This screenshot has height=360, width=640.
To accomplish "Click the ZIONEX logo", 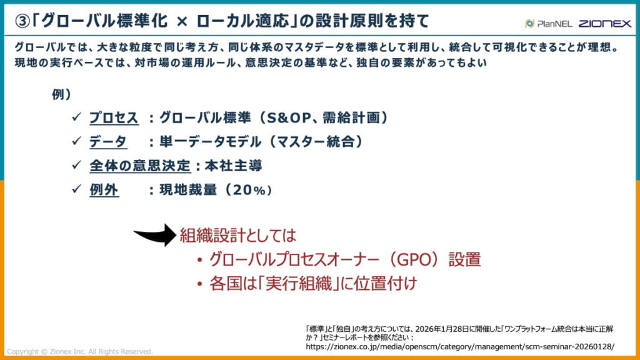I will (x=604, y=23).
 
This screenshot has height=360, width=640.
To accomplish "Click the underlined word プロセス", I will (x=113, y=117).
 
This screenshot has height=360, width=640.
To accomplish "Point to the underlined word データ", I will (x=107, y=142).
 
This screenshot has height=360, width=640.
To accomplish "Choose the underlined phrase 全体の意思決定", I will (x=139, y=166).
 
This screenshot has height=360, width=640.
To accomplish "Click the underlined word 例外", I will (x=104, y=190).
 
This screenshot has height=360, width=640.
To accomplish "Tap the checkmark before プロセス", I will (x=76, y=117).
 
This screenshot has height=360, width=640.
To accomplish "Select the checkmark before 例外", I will (x=76, y=190).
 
